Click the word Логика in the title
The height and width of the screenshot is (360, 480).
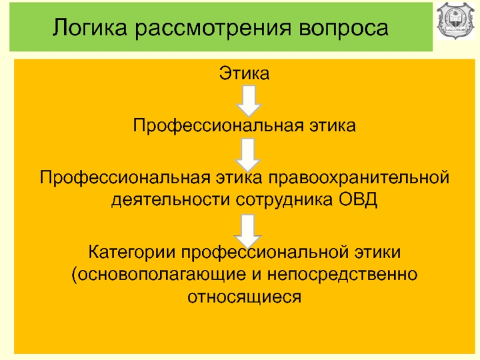tap(87, 28)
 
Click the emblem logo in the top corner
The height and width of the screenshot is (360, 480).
tap(457, 23)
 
